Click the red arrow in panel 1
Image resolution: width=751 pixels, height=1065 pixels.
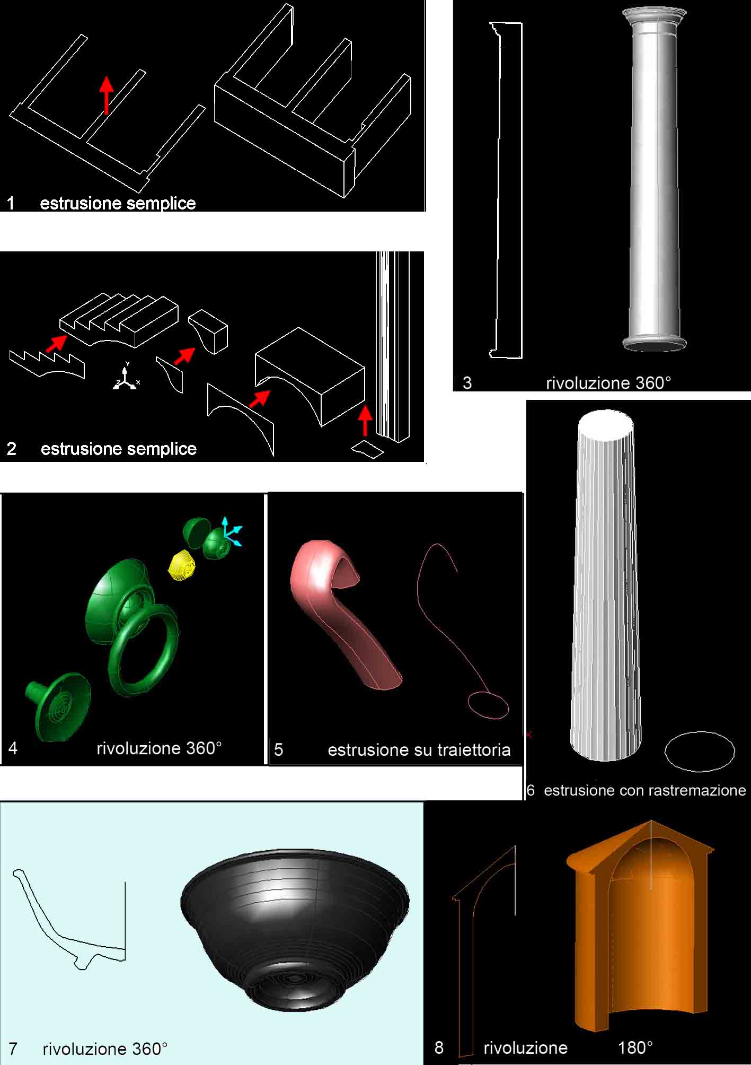click(107, 95)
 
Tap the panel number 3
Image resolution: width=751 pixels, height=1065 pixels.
click(467, 383)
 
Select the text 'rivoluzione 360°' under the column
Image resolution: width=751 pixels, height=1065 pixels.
click(608, 383)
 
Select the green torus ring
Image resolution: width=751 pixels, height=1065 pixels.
click(143, 650)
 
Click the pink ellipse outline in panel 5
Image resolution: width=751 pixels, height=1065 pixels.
click(488, 705)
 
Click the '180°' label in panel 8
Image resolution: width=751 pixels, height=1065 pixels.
click(635, 1047)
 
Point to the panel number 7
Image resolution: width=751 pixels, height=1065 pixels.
click(13, 1049)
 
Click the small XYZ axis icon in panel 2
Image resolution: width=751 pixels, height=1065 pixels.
click(126, 376)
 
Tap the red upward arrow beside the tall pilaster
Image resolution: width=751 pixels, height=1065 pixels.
click(365, 420)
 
